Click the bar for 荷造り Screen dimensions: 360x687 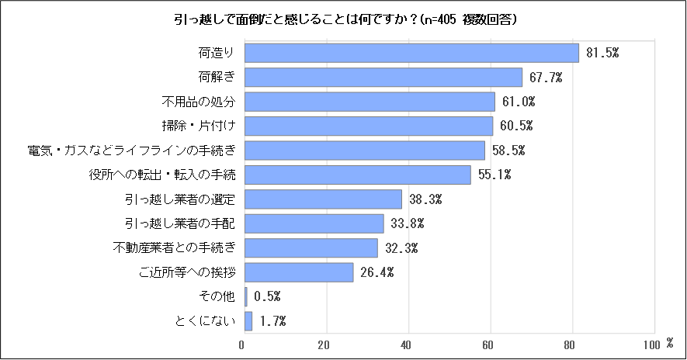click(411, 53)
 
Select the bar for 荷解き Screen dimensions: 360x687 click(383, 78)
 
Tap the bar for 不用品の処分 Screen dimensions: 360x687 click(370, 102)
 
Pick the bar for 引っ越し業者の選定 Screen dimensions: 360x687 click(323, 199)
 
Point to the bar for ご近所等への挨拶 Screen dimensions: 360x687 click(299, 272)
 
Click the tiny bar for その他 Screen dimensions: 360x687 click(246, 296)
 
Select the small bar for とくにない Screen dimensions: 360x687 click(248, 321)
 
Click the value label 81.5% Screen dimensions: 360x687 click(602, 53)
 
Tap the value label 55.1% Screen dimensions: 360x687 click(494, 175)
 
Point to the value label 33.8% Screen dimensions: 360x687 click(407, 224)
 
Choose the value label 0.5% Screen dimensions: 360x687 click(267, 297)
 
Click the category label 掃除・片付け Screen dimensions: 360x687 click(197, 126)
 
